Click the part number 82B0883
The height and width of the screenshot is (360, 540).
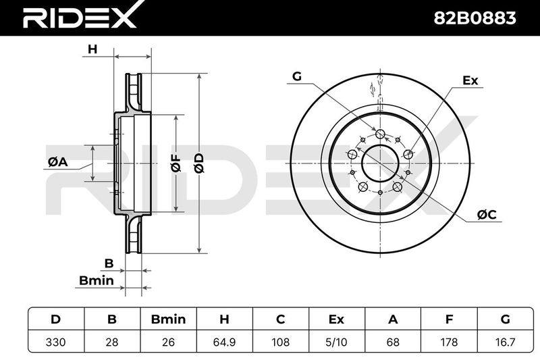tap(475, 18)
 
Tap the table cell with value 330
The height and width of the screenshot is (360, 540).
tap(56, 342)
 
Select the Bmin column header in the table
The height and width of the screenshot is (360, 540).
tap(168, 319)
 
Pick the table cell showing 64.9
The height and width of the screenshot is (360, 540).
tap(224, 342)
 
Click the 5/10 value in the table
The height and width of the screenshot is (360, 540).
tap(336, 342)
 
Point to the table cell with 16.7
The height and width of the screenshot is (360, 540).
tap(505, 342)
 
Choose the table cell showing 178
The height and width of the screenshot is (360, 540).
tap(449, 342)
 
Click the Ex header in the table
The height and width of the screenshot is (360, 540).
tap(336, 319)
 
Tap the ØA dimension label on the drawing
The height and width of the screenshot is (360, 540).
tap(58, 161)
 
